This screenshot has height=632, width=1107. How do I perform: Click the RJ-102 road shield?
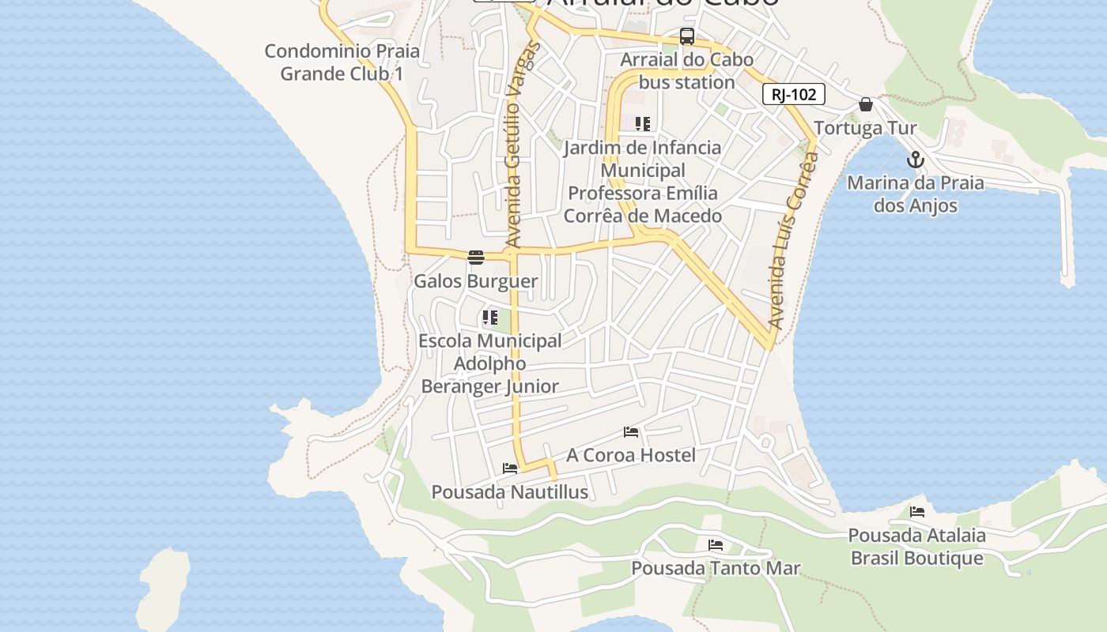(x=793, y=95)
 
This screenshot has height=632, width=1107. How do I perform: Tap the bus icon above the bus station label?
(x=687, y=36)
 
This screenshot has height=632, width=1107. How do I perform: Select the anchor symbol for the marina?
(x=915, y=160)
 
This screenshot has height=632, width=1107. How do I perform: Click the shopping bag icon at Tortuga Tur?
(x=866, y=104)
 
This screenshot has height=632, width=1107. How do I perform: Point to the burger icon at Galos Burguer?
(x=475, y=258)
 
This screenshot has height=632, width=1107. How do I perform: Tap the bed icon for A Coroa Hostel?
(x=631, y=432)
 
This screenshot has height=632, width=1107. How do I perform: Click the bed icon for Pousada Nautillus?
(x=510, y=468)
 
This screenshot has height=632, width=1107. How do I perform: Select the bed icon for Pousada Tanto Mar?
(x=716, y=545)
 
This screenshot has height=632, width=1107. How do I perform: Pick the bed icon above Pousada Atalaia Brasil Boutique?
(x=917, y=512)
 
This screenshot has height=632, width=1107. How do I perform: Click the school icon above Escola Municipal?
(x=490, y=318)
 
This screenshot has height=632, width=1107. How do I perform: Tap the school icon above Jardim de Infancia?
(x=643, y=124)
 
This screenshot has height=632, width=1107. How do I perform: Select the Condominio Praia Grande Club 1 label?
(x=342, y=62)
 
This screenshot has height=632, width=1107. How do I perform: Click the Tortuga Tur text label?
(x=865, y=128)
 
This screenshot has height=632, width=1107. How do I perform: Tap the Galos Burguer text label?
(x=476, y=281)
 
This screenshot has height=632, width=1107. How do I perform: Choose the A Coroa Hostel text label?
(x=631, y=455)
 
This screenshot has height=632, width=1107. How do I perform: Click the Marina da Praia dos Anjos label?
(x=916, y=194)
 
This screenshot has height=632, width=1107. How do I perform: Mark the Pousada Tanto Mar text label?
(x=716, y=568)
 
